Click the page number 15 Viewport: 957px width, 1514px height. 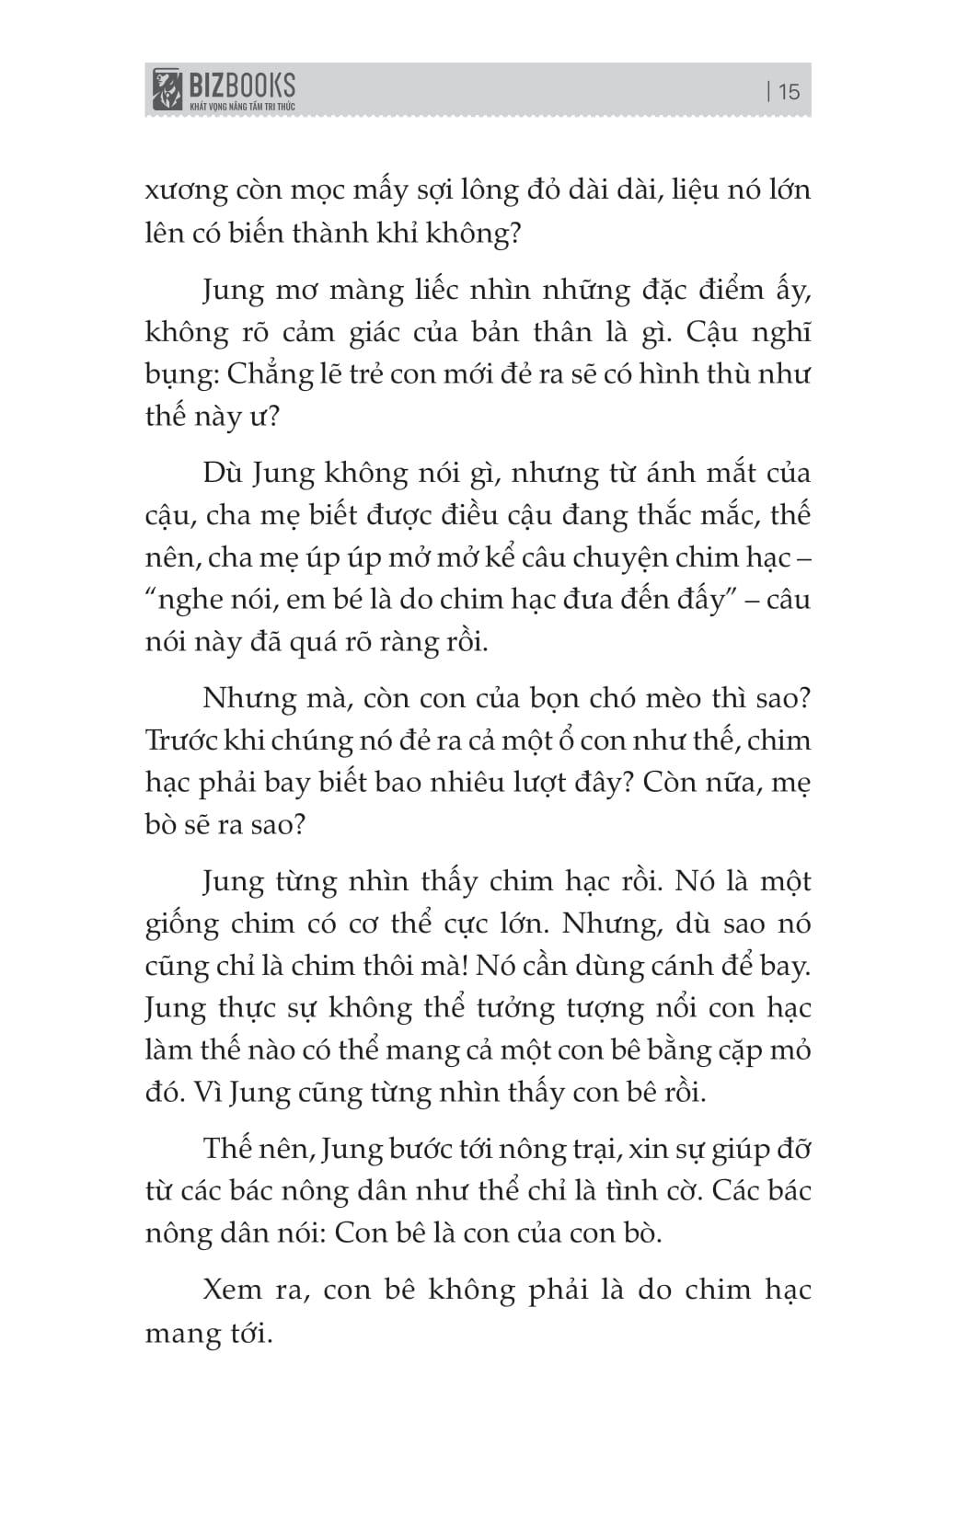click(x=789, y=91)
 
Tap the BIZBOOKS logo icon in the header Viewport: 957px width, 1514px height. click(x=167, y=89)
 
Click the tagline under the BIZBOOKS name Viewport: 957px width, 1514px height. click(x=242, y=107)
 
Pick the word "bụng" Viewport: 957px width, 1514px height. click(x=173, y=376)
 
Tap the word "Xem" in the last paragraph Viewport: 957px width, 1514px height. click(x=233, y=1290)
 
